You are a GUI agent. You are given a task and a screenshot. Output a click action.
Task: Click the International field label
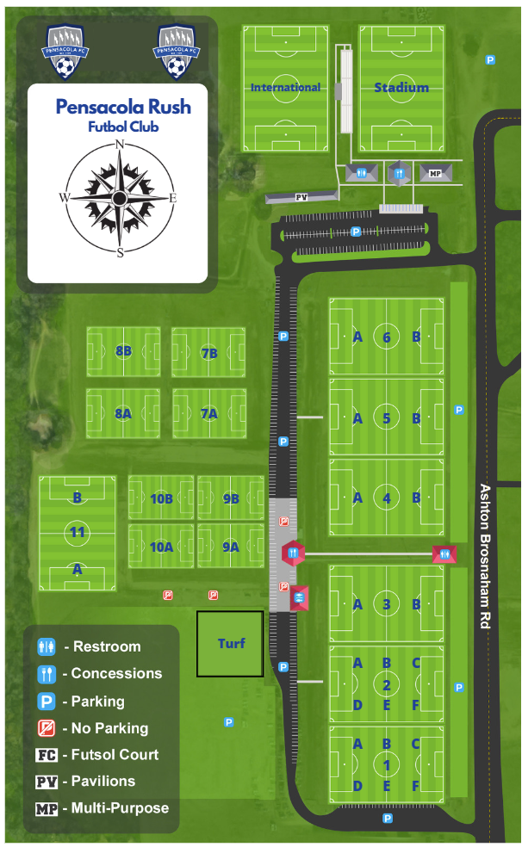pos(285,87)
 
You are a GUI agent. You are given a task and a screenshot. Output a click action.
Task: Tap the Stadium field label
pos(401,87)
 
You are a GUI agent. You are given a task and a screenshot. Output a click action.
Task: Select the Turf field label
pos(231,643)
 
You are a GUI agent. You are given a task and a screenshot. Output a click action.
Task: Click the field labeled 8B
pos(123,351)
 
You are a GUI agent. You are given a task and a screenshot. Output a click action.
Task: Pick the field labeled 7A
pos(208,413)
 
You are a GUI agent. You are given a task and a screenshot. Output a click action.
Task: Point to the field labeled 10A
pos(161,547)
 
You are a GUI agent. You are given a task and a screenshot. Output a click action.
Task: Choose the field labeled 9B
pos(230,498)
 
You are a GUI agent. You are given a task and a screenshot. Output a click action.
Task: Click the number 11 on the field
pos(78,533)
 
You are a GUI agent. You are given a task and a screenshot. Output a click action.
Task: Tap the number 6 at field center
pos(387,337)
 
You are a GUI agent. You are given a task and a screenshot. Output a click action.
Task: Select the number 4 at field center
pos(387,498)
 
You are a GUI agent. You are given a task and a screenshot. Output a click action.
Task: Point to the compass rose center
pos(120,198)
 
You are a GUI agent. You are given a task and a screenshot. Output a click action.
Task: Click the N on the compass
pos(120,144)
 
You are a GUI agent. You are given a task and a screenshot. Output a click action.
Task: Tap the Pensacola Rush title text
pos(123,108)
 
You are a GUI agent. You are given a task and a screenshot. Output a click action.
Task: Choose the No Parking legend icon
pos(47,728)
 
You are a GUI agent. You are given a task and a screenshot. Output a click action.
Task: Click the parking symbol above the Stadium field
pos(491,60)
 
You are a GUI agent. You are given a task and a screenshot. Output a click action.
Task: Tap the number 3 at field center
pos(387,604)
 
